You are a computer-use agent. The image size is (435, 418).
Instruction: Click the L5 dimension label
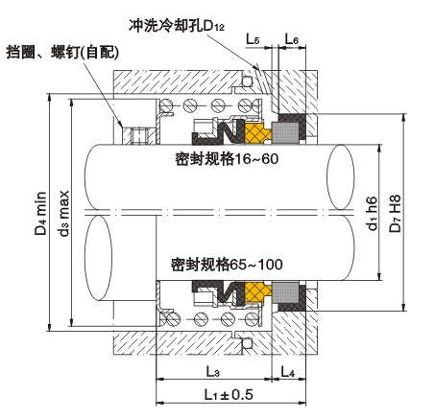(x=253, y=39)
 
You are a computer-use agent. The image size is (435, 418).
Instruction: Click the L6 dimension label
(x=292, y=39)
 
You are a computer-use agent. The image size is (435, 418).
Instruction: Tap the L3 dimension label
(x=213, y=371)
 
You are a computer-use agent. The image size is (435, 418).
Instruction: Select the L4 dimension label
(x=288, y=371)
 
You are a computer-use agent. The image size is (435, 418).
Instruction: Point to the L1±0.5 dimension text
(x=229, y=394)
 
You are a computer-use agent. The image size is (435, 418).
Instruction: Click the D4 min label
(x=40, y=213)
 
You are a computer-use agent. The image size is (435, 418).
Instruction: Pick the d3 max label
(x=64, y=213)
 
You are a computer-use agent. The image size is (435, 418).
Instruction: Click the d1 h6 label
(x=372, y=213)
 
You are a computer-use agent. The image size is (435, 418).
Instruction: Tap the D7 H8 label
(x=395, y=213)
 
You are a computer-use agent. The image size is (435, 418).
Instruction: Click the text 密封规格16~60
(x=227, y=159)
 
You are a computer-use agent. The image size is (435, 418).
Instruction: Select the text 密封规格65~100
(x=227, y=265)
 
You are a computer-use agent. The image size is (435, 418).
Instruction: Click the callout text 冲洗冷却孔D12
(x=177, y=26)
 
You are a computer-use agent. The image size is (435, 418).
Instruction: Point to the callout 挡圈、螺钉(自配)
(x=62, y=52)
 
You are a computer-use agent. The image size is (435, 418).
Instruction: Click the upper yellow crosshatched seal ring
(x=258, y=133)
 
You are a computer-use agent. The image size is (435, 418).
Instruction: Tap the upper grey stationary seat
(x=285, y=131)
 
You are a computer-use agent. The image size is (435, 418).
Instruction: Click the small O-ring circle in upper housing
(x=247, y=81)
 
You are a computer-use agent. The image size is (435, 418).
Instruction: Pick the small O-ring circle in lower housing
(x=247, y=343)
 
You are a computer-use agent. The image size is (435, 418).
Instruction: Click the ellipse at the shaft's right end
(x=341, y=177)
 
